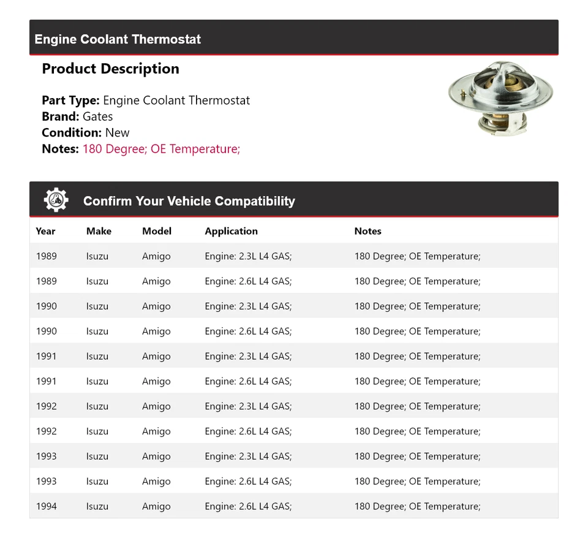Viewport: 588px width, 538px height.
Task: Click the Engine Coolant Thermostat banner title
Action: click(118, 39)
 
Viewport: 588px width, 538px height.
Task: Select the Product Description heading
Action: click(110, 69)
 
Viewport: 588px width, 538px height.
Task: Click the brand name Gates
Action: click(97, 116)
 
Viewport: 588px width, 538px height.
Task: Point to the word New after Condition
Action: click(117, 132)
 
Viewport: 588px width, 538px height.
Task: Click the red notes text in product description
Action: click(161, 149)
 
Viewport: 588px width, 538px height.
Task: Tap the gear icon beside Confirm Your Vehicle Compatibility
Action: click(56, 200)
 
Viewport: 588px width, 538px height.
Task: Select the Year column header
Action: click(45, 231)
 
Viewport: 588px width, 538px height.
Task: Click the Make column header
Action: click(99, 231)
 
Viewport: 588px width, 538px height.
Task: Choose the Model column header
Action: click(157, 231)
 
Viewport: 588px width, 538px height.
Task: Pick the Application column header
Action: click(231, 231)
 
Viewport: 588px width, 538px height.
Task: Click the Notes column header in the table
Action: click(367, 231)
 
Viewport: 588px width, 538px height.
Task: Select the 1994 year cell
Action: click(46, 506)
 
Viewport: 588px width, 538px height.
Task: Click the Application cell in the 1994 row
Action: click(248, 506)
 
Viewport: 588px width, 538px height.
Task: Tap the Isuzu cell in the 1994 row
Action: click(97, 506)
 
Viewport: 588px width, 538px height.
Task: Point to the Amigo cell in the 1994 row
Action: click(156, 506)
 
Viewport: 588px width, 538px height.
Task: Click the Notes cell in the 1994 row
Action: click(417, 506)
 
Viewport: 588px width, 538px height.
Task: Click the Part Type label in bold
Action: click(70, 100)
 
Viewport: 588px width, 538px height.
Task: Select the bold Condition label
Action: click(71, 132)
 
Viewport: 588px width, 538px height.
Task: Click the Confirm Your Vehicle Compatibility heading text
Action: click(189, 201)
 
